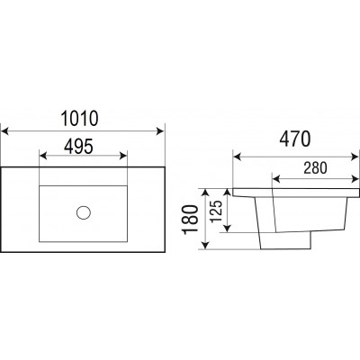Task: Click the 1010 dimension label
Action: pos(79,119)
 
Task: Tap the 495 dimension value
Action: pos(79,147)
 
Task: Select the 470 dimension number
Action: pos(295,139)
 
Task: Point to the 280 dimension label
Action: pos(315,168)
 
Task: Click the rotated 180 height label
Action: pos(191,220)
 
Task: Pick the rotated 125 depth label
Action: pos(216,211)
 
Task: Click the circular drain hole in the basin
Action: pos(84,212)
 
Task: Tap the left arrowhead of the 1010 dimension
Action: pos(4,131)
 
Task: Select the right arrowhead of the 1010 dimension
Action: pos(160,131)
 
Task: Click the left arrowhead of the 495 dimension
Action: pos(43,156)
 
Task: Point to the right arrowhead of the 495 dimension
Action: pos(123,156)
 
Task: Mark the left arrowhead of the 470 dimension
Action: pos(238,157)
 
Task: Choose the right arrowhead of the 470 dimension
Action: pos(355,157)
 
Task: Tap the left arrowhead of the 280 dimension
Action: pos(276,179)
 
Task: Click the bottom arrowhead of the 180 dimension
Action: pos(205,245)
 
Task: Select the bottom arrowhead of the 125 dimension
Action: pos(228,229)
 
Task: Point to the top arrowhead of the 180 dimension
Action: pos(205,193)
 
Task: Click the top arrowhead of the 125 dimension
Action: pos(228,193)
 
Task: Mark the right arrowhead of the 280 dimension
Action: pos(355,179)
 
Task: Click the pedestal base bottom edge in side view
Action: pos(285,248)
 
